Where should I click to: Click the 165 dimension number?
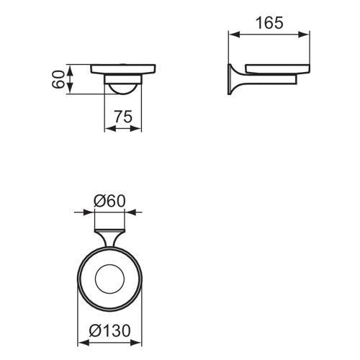(269, 22)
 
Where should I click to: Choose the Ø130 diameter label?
(110, 333)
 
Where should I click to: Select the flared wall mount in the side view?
(234, 78)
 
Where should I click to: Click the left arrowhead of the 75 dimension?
(108, 130)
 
